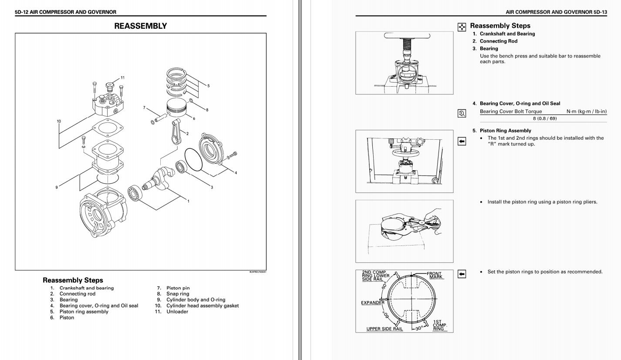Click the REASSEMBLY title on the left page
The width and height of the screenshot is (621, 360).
140,26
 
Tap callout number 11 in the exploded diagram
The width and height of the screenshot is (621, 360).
122,78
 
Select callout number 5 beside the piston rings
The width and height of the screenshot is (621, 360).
208,86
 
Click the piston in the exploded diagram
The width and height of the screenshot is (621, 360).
177,107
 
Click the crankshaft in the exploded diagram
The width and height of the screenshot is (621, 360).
159,181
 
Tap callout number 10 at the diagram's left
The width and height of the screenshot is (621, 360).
59,121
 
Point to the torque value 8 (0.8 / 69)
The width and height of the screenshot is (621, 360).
545,118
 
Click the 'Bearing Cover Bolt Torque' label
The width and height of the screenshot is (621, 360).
511,111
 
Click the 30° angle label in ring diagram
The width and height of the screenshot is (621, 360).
419,328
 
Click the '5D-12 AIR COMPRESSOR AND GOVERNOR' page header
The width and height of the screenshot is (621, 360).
65,12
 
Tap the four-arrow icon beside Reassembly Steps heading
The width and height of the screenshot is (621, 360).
462,27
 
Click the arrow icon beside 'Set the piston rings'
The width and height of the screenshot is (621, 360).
462,273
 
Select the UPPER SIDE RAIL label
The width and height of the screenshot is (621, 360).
385,329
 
